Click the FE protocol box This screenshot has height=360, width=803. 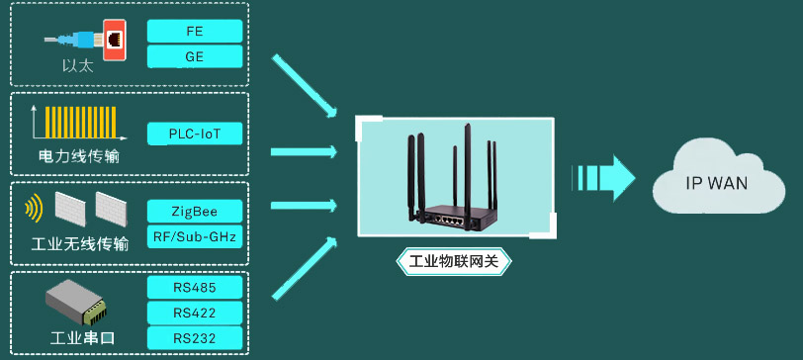(x=195, y=31)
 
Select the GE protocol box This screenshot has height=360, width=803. (x=195, y=57)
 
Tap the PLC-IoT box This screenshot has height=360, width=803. (x=195, y=134)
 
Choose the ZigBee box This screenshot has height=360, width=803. (x=195, y=211)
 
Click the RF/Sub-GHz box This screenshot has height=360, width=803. (x=195, y=237)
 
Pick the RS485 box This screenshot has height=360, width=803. (x=195, y=288)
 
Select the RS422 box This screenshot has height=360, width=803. (x=195, y=314)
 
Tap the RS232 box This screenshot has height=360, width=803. (x=195, y=339)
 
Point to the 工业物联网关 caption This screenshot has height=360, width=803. (x=455, y=263)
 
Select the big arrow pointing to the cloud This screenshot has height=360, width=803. (x=605, y=177)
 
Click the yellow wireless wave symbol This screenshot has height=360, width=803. (x=34, y=209)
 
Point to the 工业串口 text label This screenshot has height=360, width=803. (x=83, y=338)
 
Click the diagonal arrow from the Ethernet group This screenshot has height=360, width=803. (x=304, y=91)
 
